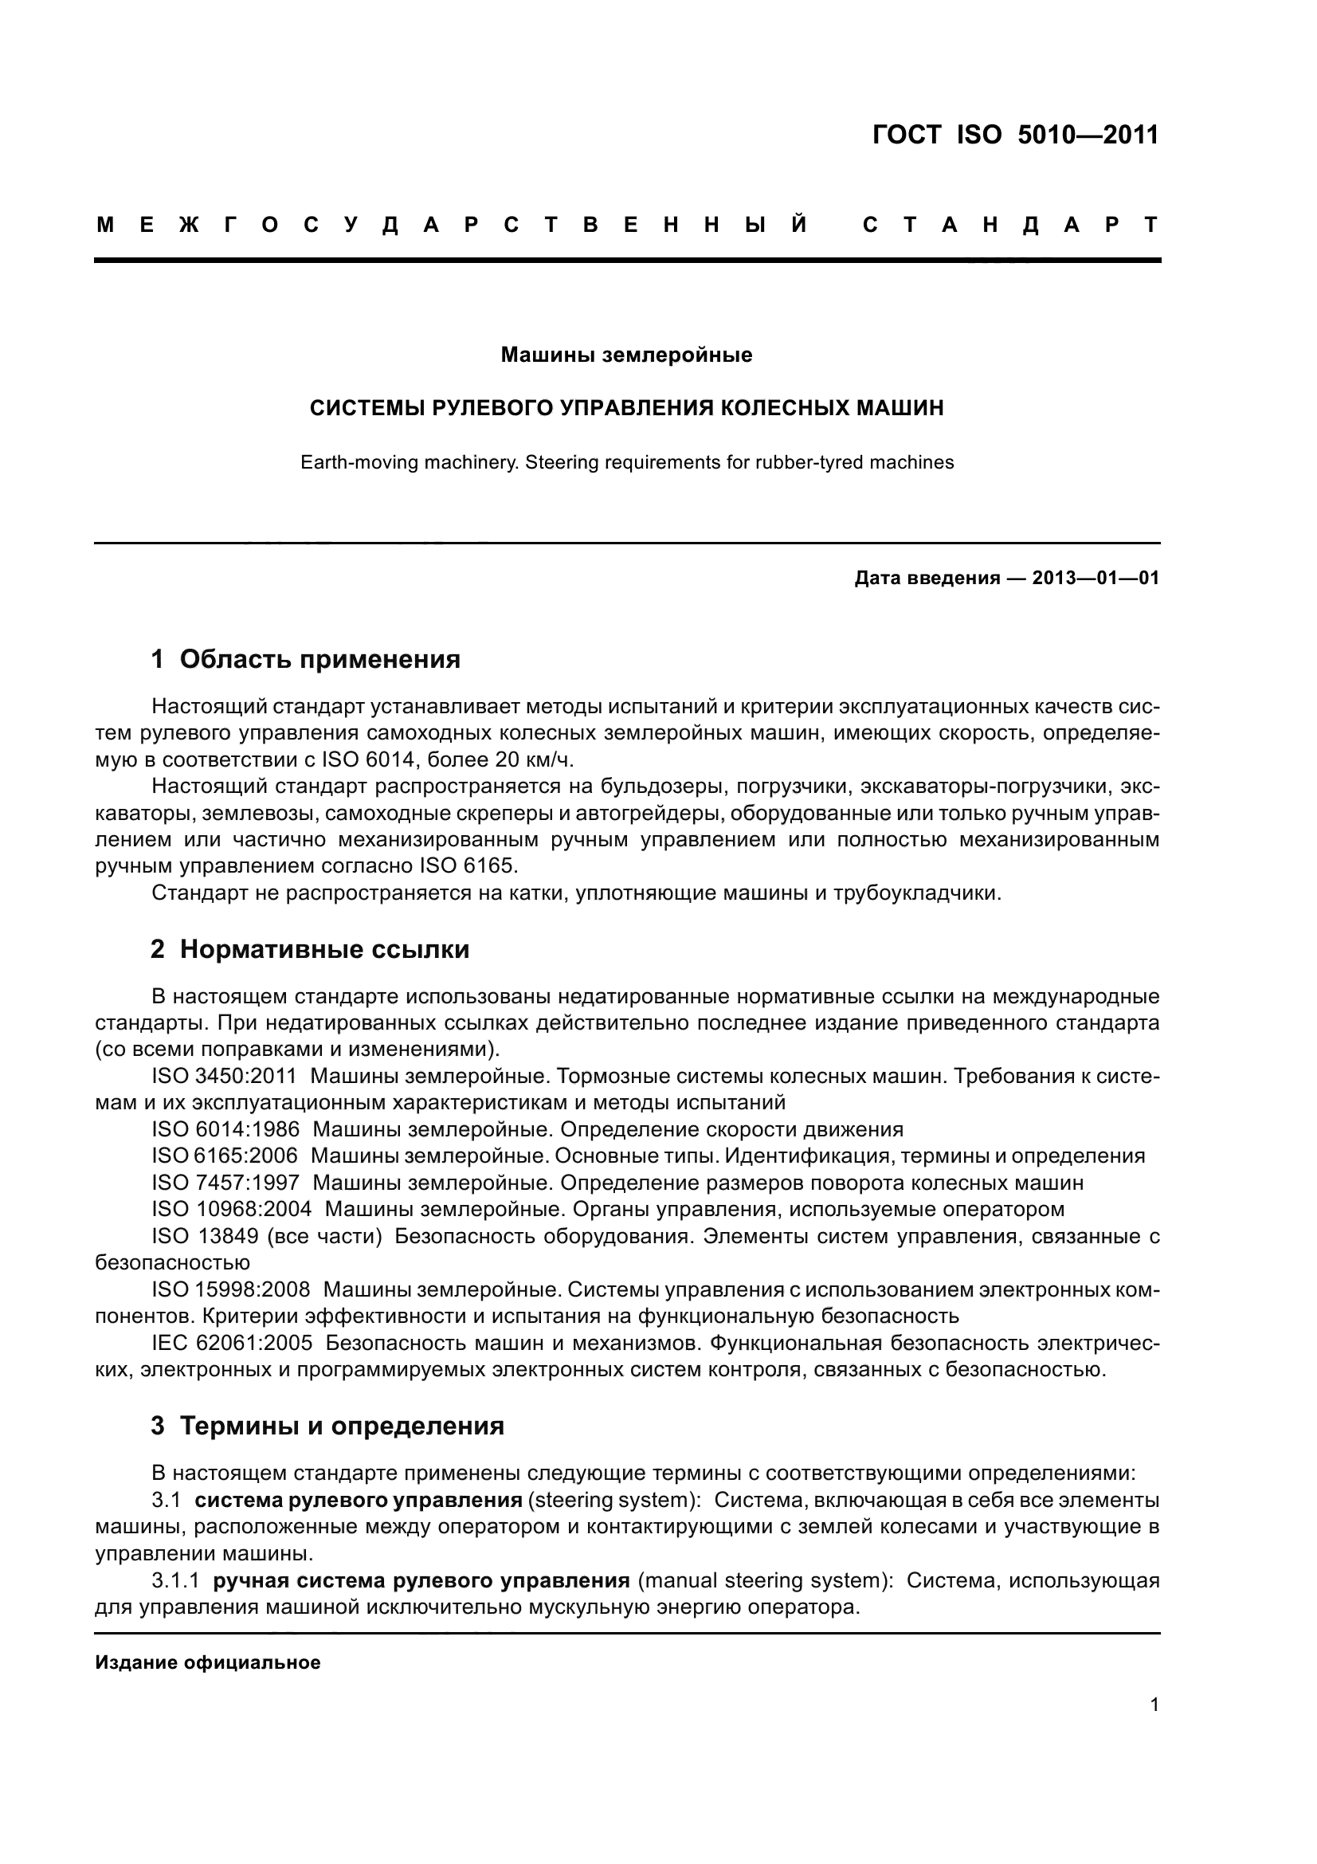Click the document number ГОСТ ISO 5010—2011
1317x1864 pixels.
(x=1015, y=135)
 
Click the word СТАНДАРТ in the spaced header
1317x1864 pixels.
(x=1011, y=225)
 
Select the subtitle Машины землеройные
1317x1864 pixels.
(x=625, y=355)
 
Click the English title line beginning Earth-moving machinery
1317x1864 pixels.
(x=626, y=463)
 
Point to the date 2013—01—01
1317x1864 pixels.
(x=1095, y=578)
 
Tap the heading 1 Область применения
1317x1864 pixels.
(x=305, y=659)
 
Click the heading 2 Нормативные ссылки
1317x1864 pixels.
(x=309, y=949)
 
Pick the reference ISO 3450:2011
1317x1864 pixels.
(x=224, y=1077)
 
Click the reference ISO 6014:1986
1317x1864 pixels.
(x=225, y=1129)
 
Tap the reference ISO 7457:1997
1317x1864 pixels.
(x=225, y=1183)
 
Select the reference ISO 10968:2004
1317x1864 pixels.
(x=231, y=1210)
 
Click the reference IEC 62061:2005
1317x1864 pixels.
(x=231, y=1343)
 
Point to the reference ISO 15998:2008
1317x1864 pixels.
(x=230, y=1289)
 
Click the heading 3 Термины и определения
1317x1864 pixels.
(x=327, y=1426)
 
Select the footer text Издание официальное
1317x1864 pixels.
(x=208, y=1662)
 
